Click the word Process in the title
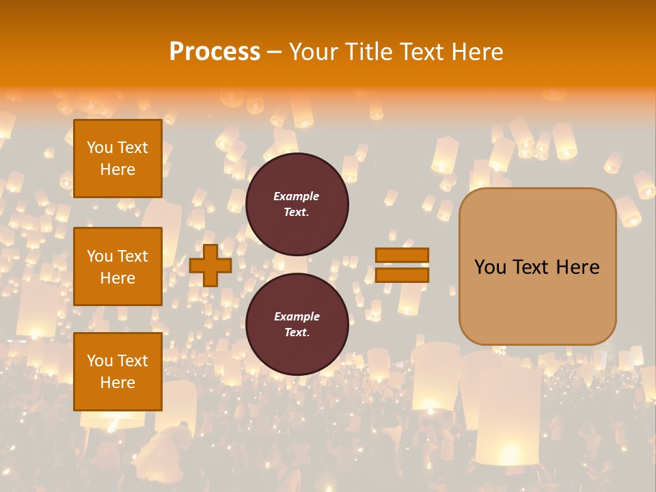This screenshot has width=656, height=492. click(215, 52)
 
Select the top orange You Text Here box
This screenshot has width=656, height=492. click(118, 159)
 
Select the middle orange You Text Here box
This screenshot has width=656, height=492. click(118, 266)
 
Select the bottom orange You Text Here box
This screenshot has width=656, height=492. click(118, 372)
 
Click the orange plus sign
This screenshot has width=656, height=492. click(210, 266)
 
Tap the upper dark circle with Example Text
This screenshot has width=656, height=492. click(297, 204)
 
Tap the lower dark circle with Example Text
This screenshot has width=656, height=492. click(297, 325)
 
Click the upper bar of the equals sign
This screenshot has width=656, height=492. click(402, 256)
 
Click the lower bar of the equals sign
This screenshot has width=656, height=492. click(402, 275)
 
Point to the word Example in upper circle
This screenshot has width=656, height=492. click(297, 197)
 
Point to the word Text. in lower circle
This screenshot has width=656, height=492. click(297, 333)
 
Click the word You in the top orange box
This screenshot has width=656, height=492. click(100, 148)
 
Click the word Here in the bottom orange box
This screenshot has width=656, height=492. click(118, 383)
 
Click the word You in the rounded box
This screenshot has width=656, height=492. click(490, 267)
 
